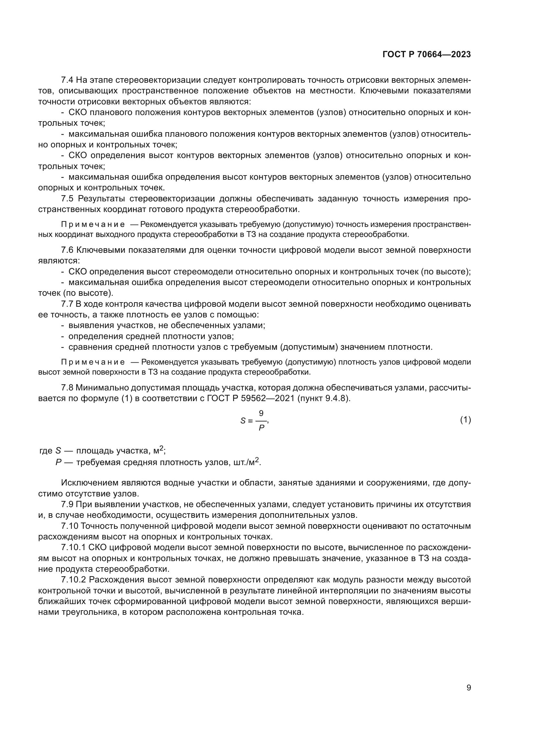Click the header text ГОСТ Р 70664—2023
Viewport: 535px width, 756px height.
point(427,55)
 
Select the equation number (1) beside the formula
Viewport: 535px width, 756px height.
point(465,420)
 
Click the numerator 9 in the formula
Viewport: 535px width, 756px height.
point(261,413)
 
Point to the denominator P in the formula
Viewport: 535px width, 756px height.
point(262,428)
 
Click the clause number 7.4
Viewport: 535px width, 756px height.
point(67,80)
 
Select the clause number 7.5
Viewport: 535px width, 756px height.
point(67,198)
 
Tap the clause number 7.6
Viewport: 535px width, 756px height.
point(67,250)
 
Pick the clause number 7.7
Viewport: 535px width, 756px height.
point(67,304)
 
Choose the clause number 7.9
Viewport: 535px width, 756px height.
point(67,504)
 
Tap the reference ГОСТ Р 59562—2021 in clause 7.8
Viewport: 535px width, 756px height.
point(251,399)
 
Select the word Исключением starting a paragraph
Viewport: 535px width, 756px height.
point(87,483)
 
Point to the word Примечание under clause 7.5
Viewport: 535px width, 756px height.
point(93,225)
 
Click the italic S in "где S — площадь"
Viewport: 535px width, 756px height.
point(58,451)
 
